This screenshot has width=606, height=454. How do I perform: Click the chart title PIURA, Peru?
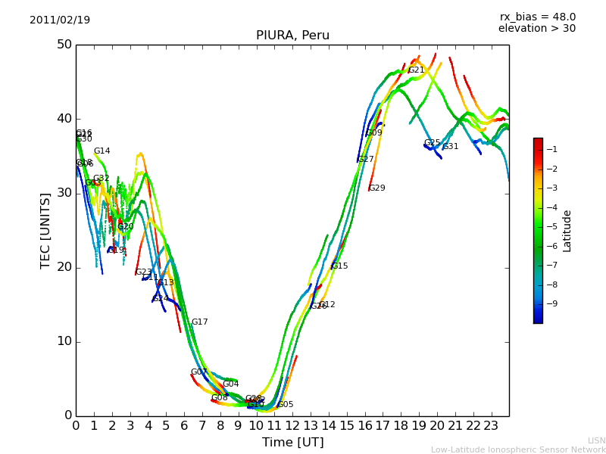coord(292,36)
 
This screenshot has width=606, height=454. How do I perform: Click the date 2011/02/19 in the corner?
coord(60,20)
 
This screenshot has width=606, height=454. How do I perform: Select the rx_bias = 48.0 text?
coord(537,17)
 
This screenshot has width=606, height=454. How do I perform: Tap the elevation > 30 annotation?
coord(536,29)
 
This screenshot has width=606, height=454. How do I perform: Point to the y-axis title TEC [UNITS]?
coord(45,230)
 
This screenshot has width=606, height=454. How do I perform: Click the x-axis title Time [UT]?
coord(292,443)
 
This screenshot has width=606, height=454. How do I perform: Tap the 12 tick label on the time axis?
coord(292,425)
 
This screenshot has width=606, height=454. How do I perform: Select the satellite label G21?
coord(417,70)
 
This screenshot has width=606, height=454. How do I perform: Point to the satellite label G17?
coord(199,322)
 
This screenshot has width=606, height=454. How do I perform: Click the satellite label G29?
coord(377,188)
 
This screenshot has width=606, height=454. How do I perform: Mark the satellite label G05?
coord(286,405)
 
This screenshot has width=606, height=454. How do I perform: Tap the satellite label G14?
coord(102,151)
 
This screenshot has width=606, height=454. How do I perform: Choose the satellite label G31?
coord(451,147)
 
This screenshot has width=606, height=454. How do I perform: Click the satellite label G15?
coord(340,266)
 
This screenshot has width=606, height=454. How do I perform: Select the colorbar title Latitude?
coord(567,231)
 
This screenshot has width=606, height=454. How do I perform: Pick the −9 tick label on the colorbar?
coord(551,304)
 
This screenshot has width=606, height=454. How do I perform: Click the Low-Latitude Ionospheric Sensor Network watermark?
coord(518,449)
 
